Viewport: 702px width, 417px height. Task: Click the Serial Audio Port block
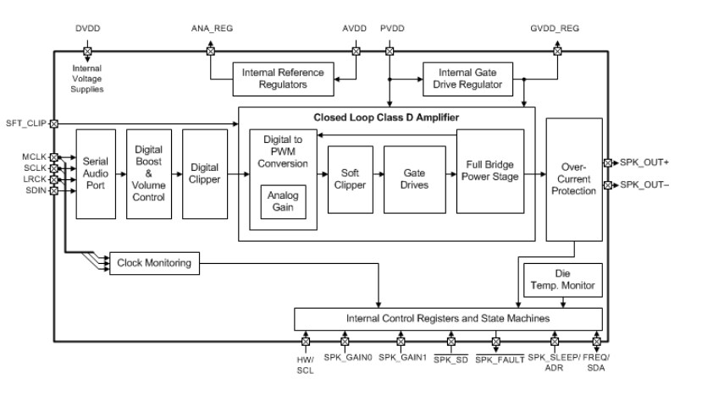[96, 173]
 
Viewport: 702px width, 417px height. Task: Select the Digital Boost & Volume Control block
[149, 173]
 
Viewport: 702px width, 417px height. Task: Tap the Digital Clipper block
[205, 173]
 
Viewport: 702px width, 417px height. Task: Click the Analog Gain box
[282, 202]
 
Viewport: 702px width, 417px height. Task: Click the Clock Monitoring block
[153, 263]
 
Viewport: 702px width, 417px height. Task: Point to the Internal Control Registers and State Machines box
[448, 318]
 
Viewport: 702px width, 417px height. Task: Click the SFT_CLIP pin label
[25, 123]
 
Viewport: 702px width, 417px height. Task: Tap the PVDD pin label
[393, 29]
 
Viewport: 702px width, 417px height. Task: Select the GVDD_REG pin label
[556, 29]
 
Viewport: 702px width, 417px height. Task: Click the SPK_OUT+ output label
[646, 162]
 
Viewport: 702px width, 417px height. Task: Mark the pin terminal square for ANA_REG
[211, 51]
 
